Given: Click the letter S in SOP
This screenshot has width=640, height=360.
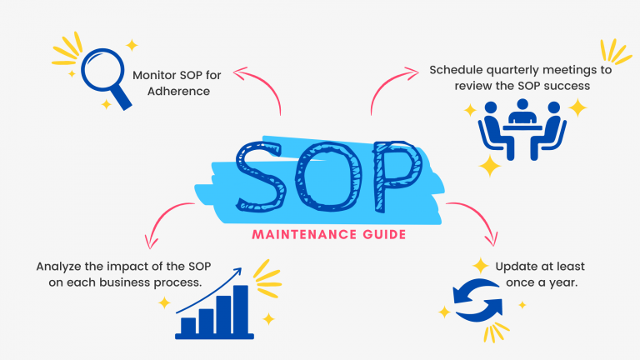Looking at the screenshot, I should pos(265,177).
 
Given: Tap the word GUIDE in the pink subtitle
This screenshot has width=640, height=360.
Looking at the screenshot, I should pos(377,236).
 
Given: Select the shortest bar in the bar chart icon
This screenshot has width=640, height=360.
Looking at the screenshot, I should pos(188,325).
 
